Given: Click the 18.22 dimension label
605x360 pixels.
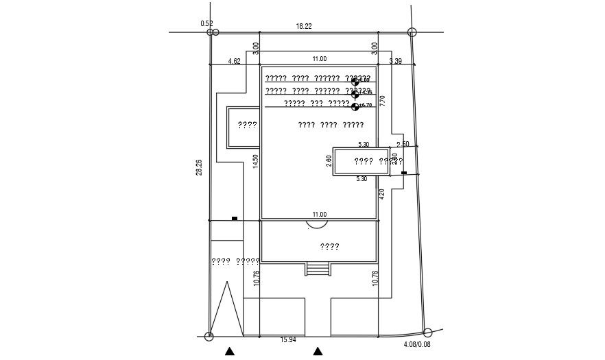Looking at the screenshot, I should pos(304,26).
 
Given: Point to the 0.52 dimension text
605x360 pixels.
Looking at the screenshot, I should pos(206,24).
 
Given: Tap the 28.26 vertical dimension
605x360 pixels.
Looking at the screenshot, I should pos(199,168).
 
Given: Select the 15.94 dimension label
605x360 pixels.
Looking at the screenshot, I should pos(289,339).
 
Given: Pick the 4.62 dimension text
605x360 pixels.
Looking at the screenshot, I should pos(234,61).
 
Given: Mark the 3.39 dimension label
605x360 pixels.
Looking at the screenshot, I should pos(395,61).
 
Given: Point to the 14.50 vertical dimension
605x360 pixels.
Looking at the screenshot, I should pos(255,162).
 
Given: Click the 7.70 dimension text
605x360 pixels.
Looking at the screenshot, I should pos(383,101).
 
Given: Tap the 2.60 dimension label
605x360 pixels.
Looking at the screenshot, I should pos(329,161).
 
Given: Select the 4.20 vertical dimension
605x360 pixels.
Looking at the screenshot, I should pos(383,194).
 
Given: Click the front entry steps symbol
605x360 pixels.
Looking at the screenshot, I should pos(318,268).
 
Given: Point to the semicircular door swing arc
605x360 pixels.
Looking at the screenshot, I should pos(317,224).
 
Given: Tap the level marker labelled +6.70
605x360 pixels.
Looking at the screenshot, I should pos(355,106).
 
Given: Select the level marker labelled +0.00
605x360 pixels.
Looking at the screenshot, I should pos(355,82).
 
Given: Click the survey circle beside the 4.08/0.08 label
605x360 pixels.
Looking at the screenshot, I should pos(427,333).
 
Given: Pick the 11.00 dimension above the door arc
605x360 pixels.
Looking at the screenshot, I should pos(319,215).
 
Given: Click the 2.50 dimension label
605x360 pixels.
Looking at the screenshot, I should pos(403,144).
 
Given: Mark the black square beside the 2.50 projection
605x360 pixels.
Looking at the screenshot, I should pos(404,173).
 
